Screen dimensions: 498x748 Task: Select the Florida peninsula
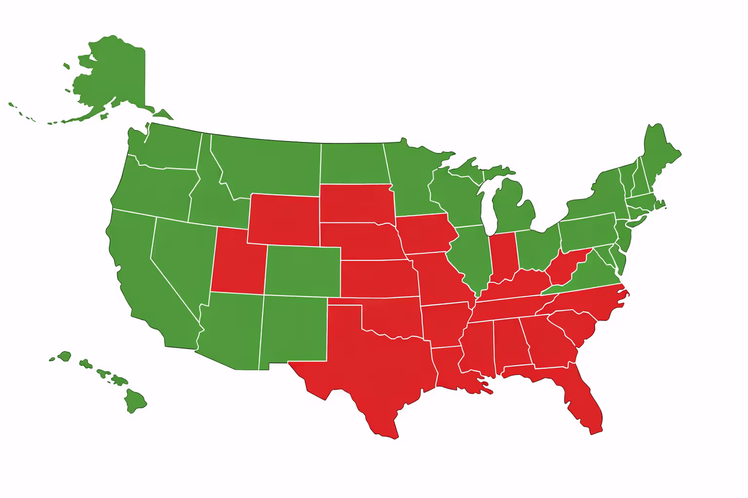[x=584, y=404]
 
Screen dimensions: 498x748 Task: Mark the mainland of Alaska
[x=117, y=73]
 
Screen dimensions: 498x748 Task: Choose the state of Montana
[x=273, y=165]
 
